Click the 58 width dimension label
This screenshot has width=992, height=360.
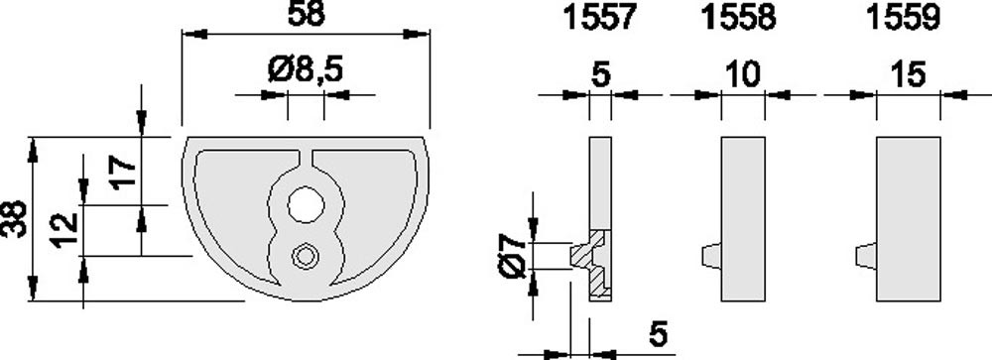[x=306, y=14]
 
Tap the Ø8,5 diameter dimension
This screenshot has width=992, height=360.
[x=306, y=69]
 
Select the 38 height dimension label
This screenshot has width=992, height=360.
[x=14, y=219]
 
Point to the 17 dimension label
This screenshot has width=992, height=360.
[x=123, y=171]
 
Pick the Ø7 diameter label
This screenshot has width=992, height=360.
[x=512, y=255]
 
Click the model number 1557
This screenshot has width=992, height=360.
[x=598, y=18]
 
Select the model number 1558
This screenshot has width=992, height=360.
[x=738, y=18]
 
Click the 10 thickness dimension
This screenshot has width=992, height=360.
[x=742, y=75]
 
